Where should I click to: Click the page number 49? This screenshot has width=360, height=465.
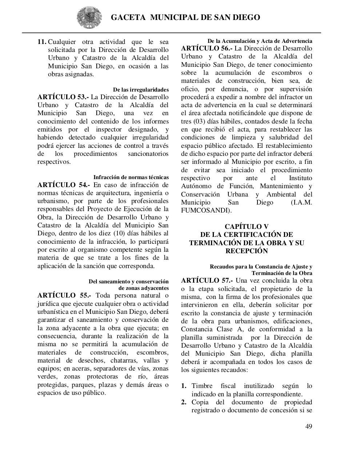tap(308, 426)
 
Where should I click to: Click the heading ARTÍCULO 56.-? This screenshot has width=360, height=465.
tap(206, 48)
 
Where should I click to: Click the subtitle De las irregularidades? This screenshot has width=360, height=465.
tap(140, 89)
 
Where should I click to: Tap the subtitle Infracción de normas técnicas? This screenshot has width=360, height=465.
tap(131, 177)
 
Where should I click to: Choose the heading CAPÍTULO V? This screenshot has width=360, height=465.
tap(246, 227)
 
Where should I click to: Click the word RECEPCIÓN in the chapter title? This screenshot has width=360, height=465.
tap(246, 251)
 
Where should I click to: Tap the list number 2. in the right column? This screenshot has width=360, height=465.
tap(184, 402)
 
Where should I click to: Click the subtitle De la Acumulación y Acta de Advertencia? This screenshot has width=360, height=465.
tap(260, 41)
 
